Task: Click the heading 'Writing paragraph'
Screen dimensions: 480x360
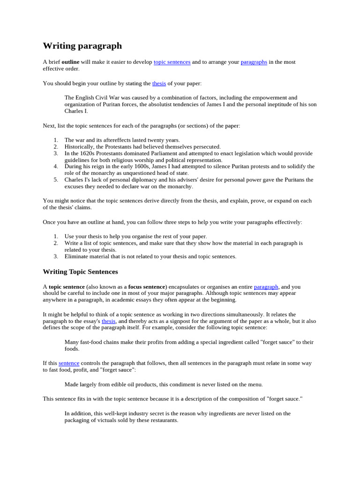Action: point(82,46)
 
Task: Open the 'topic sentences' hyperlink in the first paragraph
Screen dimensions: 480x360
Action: point(172,62)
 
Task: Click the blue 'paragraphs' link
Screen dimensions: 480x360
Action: point(254,62)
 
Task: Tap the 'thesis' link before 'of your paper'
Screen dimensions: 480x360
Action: point(159,83)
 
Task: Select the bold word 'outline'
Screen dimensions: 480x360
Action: point(70,62)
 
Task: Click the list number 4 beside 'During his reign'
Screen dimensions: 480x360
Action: point(56,166)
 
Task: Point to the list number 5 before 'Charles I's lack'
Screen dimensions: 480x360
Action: point(56,180)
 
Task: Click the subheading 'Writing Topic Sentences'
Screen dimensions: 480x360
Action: point(80,272)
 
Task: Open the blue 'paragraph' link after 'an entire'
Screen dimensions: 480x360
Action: point(266,287)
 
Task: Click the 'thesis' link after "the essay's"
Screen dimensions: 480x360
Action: point(108,322)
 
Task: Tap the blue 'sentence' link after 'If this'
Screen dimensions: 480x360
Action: point(69,363)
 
